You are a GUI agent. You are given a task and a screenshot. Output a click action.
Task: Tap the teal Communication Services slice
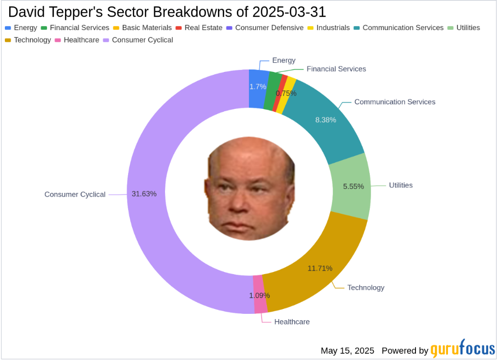(325, 121)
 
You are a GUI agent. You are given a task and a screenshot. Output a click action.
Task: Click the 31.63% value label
(144, 194)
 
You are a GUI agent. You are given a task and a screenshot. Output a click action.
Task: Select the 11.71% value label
(320, 268)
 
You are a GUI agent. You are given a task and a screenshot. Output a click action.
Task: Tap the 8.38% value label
(325, 120)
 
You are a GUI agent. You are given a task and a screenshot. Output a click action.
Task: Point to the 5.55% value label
(353, 186)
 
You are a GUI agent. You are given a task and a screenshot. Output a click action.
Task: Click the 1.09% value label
(259, 295)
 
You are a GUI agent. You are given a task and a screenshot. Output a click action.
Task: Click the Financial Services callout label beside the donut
(336, 69)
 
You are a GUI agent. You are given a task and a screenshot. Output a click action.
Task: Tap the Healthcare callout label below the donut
(292, 322)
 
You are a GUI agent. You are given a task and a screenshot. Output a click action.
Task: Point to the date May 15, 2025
(348, 350)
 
